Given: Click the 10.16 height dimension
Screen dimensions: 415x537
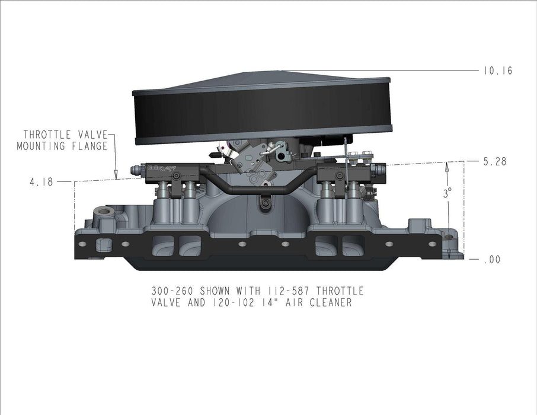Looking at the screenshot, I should point(497,71).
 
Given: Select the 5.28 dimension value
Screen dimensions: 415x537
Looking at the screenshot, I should point(495,161).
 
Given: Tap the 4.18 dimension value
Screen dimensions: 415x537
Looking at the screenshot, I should point(41,182).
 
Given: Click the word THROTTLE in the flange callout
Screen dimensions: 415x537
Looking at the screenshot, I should point(50,135).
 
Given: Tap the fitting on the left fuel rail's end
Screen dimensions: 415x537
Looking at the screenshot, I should point(135,171).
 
